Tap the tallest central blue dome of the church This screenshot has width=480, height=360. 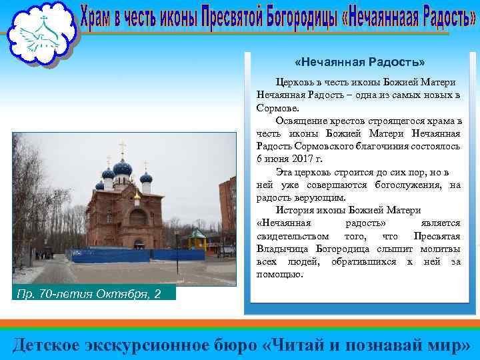click(x=123, y=167)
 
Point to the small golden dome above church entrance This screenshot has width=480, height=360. click(x=137, y=195)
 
